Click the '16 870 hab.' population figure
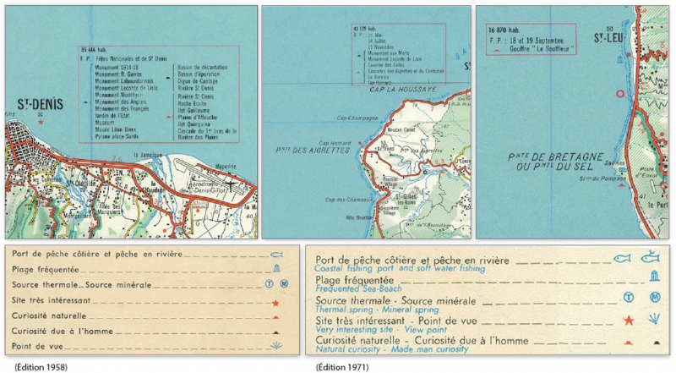(503, 30)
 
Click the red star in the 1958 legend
(275, 302)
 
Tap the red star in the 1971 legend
(627, 321)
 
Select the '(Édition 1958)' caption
(30, 366)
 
